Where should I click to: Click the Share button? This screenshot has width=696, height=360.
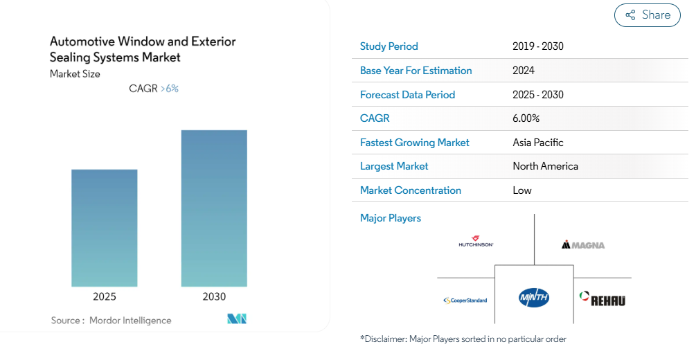click(648, 15)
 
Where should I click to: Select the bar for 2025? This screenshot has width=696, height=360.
click(105, 228)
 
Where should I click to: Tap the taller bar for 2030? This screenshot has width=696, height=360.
click(214, 208)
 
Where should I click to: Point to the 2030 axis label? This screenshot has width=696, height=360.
click(214, 296)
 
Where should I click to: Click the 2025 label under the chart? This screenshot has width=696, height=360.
click(105, 296)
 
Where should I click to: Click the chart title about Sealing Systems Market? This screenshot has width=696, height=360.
click(143, 49)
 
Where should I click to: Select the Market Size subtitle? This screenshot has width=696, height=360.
click(75, 74)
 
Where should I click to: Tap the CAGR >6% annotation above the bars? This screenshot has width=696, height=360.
click(154, 89)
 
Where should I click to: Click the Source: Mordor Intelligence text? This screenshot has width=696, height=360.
click(111, 321)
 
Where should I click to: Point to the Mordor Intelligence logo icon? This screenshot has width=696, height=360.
click(237, 319)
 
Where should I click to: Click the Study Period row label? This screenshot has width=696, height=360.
click(389, 46)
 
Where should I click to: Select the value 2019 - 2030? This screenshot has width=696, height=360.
click(538, 46)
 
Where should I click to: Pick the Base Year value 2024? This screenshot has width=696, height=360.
click(524, 71)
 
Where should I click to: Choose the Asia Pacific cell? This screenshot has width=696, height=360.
click(538, 143)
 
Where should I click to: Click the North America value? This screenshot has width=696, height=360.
click(545, 166)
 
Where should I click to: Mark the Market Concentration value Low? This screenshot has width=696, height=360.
click(522, 190)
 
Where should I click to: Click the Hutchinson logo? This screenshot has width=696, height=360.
click(476, 242)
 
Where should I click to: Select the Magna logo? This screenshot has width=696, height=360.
click(583, 244)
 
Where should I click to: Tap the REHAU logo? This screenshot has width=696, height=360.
click(603, 299)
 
